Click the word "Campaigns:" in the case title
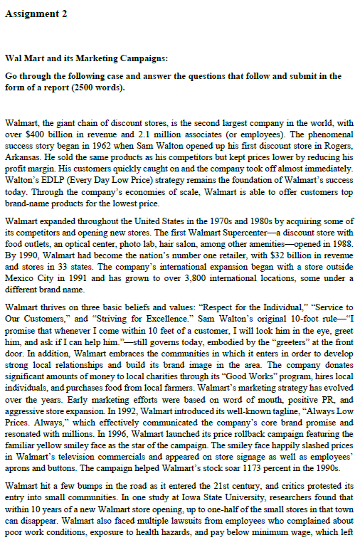pos(142,57)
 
